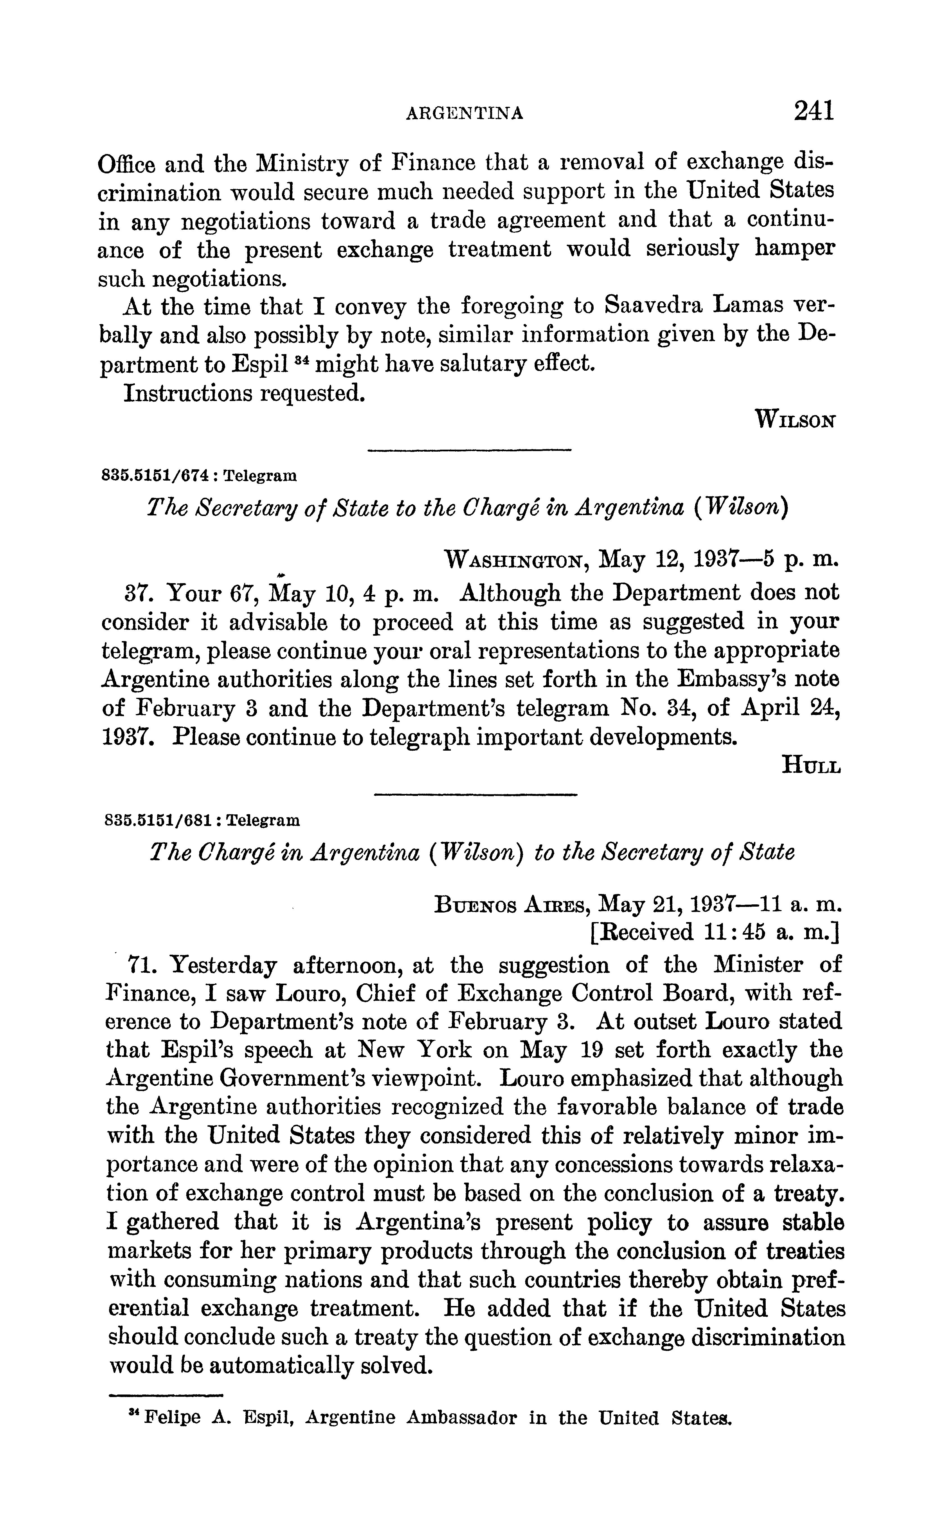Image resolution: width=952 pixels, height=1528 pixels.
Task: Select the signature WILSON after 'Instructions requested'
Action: point(797,418)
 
